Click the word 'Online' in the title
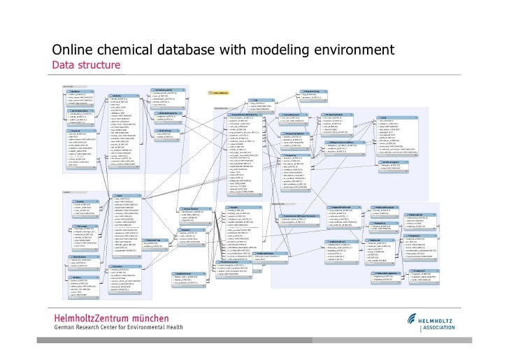coord(71,50)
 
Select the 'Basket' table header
coord(186,230)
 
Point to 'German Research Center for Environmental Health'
coord(119,327)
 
